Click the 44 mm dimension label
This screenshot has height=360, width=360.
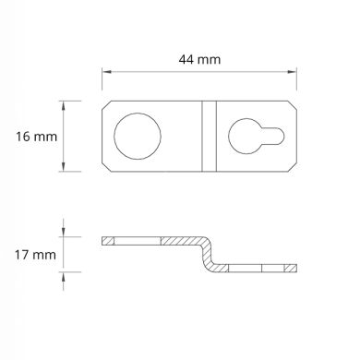click(200, 59)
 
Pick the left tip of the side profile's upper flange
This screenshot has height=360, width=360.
click(103, 240)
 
